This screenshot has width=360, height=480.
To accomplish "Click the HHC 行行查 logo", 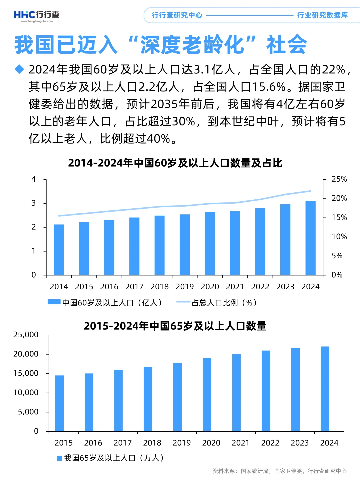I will click(x=36, y=15).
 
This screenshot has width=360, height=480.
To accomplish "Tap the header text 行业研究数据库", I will click(x=322, y=15).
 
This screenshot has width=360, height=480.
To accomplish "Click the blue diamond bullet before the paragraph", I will click(x=19, y=69).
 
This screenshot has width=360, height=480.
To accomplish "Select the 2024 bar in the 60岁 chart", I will click(x=310, y=238).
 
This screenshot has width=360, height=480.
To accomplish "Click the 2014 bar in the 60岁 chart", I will click(x=59, y=249).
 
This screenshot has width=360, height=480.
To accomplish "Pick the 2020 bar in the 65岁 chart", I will click(x=207, y=394).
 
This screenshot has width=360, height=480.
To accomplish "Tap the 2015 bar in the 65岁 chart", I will click(x=59, y=403).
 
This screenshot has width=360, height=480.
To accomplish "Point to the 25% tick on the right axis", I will click(x=339, y=179).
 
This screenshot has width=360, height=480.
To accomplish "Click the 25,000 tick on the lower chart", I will click(x=26, y=335).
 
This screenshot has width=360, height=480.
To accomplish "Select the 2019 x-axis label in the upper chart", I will click(x=185, y=287).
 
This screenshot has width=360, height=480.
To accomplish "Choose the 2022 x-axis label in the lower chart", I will click(x=270, y=443).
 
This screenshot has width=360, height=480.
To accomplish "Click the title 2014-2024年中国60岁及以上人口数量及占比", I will click(x=175, y=163).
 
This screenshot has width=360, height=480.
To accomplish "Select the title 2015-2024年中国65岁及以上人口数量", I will click(x=175, y=326).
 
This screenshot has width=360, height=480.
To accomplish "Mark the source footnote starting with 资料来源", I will click(x=279, y=471).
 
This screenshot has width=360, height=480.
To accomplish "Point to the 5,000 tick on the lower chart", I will click(x=28, y=412).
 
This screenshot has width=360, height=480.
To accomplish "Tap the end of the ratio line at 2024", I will click(x=310, y=191).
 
